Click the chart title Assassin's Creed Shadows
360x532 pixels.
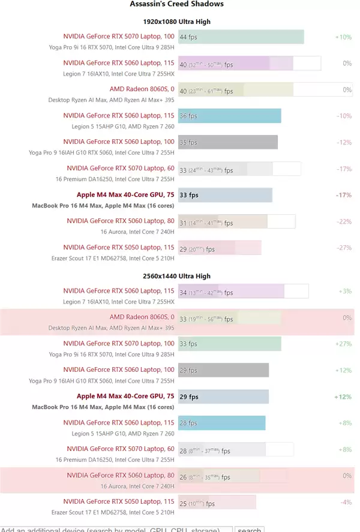(176, 4)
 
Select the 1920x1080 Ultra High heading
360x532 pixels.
(176, 22)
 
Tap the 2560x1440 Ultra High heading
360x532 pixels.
(176, 276)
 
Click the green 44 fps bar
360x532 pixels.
(241, 37)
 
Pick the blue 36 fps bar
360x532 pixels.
(229, 116)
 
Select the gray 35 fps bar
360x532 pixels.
(227, 143)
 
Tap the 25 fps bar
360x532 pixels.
(217, 503)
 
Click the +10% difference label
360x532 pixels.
(343, 37)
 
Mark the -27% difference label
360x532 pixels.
(344, 248)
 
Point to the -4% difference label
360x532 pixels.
(345, 503)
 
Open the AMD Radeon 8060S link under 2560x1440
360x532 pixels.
(142, 317)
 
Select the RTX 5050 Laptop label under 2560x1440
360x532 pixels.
(119, 501)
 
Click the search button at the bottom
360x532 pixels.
(249, 530)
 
